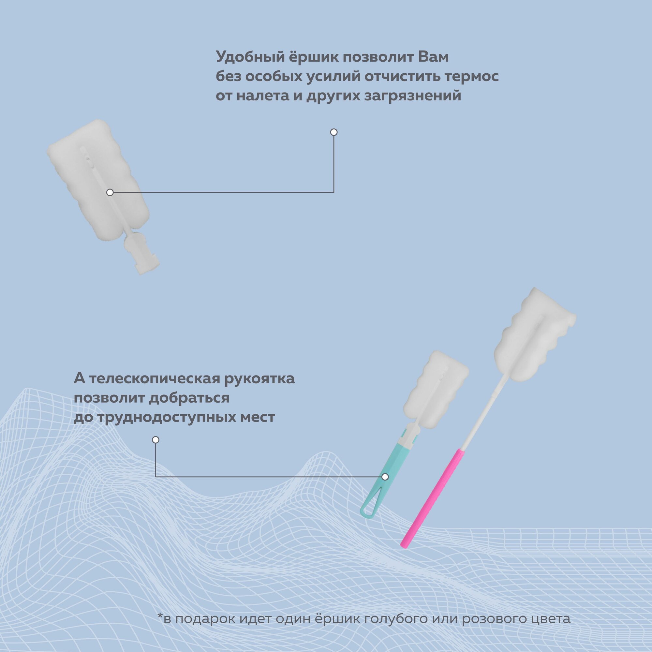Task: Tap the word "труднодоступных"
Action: [154, 418]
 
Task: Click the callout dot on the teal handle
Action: [385, 477]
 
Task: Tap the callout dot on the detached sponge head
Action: [110, 192]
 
